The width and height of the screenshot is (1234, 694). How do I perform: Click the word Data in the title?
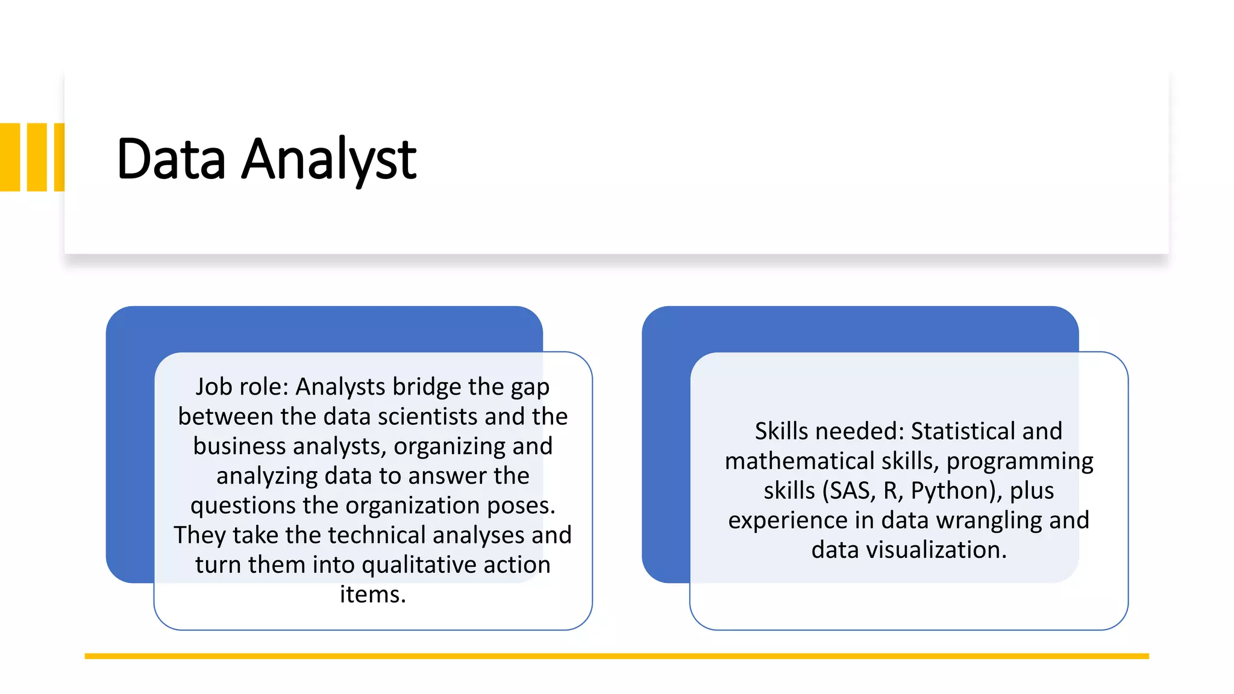171,159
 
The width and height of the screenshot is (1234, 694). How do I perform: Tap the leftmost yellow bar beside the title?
10,157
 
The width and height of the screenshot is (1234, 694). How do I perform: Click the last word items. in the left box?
373,595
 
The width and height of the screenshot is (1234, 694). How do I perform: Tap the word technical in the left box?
377,536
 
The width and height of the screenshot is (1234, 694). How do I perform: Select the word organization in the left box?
413,505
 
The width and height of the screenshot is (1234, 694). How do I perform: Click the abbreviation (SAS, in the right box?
849,491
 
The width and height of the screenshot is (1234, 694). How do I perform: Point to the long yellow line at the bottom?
616,656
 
